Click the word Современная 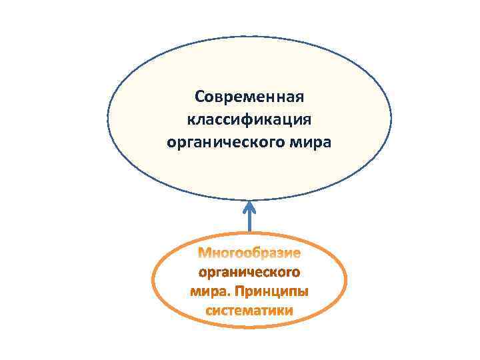tap(249, 97)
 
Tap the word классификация tap(249, 120)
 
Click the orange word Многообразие tap(250, 253)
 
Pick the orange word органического tap(250, 273)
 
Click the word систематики tap(250, 311)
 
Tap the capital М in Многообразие tap(205, 253)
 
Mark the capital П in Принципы tap(239, 291)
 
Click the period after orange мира tap(229, 295)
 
